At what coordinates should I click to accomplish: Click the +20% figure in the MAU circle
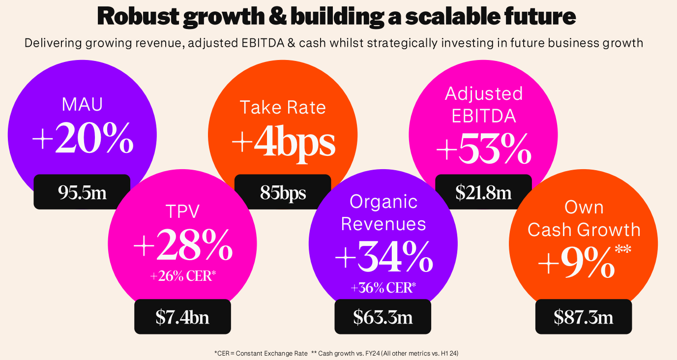click(x=83, y=139)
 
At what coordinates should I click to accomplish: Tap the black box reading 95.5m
click(x=82, y=192)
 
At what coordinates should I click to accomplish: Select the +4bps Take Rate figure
click(x=283, y=142)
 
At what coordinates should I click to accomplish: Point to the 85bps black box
click(x=283, y=192)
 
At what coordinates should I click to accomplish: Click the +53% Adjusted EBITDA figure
click(x=484, y=149)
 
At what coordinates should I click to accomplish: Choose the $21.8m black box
click(x=483, y=192)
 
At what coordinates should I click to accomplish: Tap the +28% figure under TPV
click(x=183, y=244)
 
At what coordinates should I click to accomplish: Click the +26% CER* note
click(x=183, y=276)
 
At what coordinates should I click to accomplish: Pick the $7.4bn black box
click(x=182, y=317)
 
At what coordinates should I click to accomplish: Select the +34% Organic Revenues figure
click(x=383, y=257)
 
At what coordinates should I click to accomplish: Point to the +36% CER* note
click(x=383, y=288)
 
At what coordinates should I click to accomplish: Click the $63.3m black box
click(x=383, y=317)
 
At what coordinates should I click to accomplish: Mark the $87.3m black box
click(x=584, y=317)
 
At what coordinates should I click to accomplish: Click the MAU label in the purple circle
click(x=83, y=105)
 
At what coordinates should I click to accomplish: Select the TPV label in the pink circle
click(x=183, y=211)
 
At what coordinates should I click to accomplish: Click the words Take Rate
click(x=283, y=107)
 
